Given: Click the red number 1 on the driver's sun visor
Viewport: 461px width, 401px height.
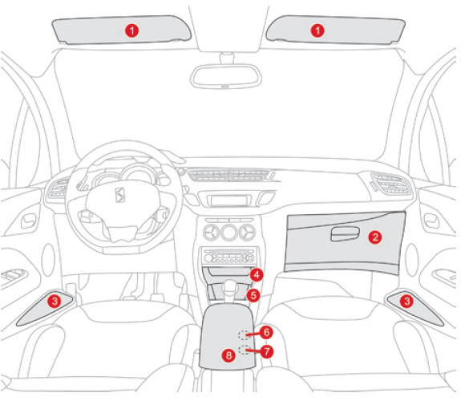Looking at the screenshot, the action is pos(132,30).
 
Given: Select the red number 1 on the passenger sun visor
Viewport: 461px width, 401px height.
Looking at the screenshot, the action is pos(317,30).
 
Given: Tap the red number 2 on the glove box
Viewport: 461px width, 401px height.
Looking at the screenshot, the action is pos(375,237).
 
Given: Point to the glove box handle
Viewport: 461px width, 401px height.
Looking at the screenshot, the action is pos(346,234).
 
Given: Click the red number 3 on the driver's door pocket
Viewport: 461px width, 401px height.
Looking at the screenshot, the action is pos(55,301).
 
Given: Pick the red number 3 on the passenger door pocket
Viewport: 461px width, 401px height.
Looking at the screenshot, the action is pos(407,301).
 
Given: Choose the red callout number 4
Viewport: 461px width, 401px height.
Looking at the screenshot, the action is pos(257,275).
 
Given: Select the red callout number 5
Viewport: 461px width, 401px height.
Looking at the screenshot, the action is pos(253,295).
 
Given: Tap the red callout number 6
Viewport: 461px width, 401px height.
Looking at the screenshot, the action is pos(266,332).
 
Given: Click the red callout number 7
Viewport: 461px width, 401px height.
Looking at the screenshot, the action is pos(267,351).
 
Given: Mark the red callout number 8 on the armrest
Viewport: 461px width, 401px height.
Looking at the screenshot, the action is pos(228,355).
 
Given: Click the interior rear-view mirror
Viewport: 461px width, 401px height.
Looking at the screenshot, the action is pos(226,76).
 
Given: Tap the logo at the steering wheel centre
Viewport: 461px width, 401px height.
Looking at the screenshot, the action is pos(120,195).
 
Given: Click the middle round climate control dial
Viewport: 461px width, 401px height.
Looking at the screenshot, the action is pos(229,233).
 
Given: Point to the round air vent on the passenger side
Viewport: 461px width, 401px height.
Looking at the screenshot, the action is pos(391,184).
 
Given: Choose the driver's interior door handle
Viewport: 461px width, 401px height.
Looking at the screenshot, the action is pos(28,221).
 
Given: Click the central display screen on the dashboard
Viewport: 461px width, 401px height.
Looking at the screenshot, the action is pos(228,200).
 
